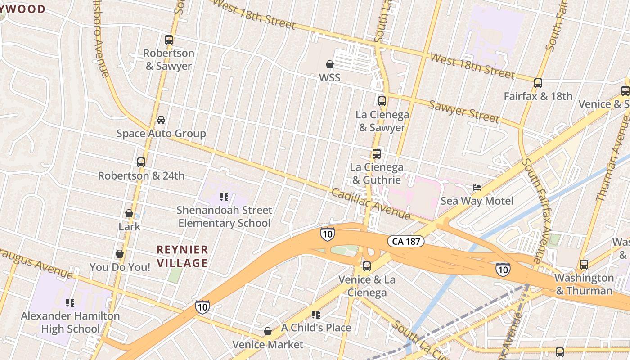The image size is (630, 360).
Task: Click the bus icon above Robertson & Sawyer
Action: pos(169,40)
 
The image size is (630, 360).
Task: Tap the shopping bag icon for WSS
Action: pos(330,64)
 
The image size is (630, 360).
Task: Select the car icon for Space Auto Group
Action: pos(161,120)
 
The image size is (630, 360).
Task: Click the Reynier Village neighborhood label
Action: pos(182,256)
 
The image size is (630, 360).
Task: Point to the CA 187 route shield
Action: pos(406,242)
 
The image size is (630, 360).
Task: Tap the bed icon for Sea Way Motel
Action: pos(477,188)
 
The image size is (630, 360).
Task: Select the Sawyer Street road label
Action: pos(464,112)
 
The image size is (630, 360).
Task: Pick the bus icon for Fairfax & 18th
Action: pos(538,83)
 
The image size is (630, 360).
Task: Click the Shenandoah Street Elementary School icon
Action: pos(224,197)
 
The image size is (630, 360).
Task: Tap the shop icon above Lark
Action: pos(129,213)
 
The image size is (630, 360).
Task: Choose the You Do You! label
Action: pos(120,267)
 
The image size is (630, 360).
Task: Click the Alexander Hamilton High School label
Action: pos(71,322)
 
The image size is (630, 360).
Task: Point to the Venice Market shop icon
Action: pos(268,332)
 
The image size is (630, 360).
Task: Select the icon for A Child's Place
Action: pos(316,315)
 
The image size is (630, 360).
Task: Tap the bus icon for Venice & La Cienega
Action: pos(367,266)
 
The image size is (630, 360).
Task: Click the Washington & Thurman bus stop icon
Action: pos(584,265)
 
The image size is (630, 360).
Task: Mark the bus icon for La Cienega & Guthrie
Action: pos(377,154)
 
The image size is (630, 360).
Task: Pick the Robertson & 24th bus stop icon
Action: pos(141,162)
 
